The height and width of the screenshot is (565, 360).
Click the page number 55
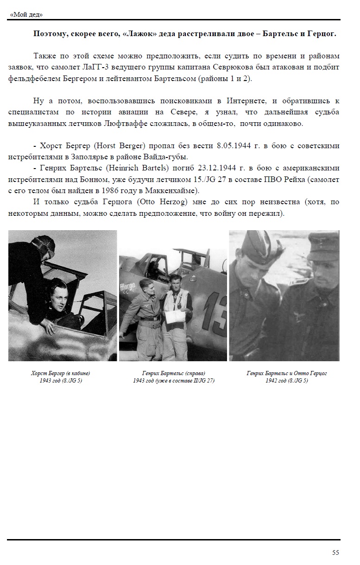[335, 552]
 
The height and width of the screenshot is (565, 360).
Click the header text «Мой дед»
[26, 14]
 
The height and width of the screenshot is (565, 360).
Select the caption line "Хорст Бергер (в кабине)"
[60, 373]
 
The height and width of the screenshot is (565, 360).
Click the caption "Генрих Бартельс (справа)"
[173, 373]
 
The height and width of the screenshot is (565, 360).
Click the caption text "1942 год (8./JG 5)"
[286, 381]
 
